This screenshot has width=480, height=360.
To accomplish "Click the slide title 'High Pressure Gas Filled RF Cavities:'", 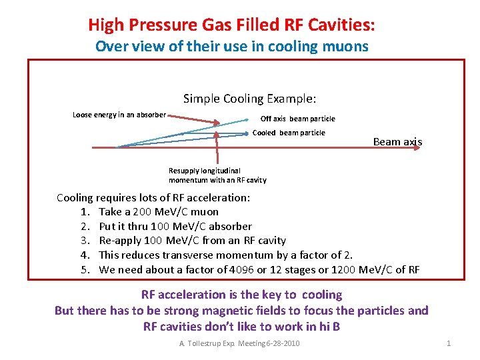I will click(x=231, y=26).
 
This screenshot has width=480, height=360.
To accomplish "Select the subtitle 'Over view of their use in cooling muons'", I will click(x=231, y=47).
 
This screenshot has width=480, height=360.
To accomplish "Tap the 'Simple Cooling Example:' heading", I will click(x=249, y=99).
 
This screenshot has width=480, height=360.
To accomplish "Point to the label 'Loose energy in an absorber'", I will click(x=119, y=115).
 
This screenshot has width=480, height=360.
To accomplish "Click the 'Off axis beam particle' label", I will click(x=297, y=119).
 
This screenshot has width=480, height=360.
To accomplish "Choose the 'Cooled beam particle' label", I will click(x=289, y=133).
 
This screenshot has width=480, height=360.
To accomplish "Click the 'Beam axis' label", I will click(x=397, y=141).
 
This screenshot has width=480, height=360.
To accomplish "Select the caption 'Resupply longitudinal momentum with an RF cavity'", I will click(x=217, y=175).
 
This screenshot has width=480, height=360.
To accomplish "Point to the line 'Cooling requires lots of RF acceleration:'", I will click(x=153, y=197).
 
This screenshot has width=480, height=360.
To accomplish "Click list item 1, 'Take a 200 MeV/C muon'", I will click(x=158, y=212).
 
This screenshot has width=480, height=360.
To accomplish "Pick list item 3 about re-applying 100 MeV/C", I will click(x=192, y=241).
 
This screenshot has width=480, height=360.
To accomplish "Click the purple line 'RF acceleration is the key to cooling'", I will click(x=241, y=295).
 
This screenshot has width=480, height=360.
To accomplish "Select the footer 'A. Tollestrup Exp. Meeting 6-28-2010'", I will click(x=239, y=343).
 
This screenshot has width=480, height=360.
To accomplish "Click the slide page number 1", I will click(x=449, y=343).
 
